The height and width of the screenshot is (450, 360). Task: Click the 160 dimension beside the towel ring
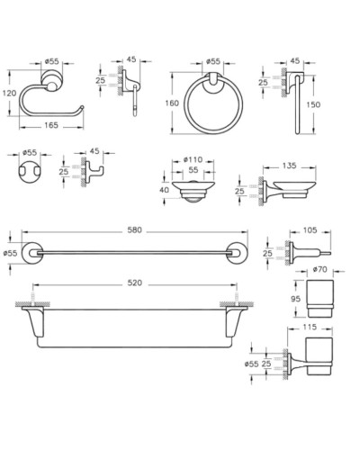(172, 103)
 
